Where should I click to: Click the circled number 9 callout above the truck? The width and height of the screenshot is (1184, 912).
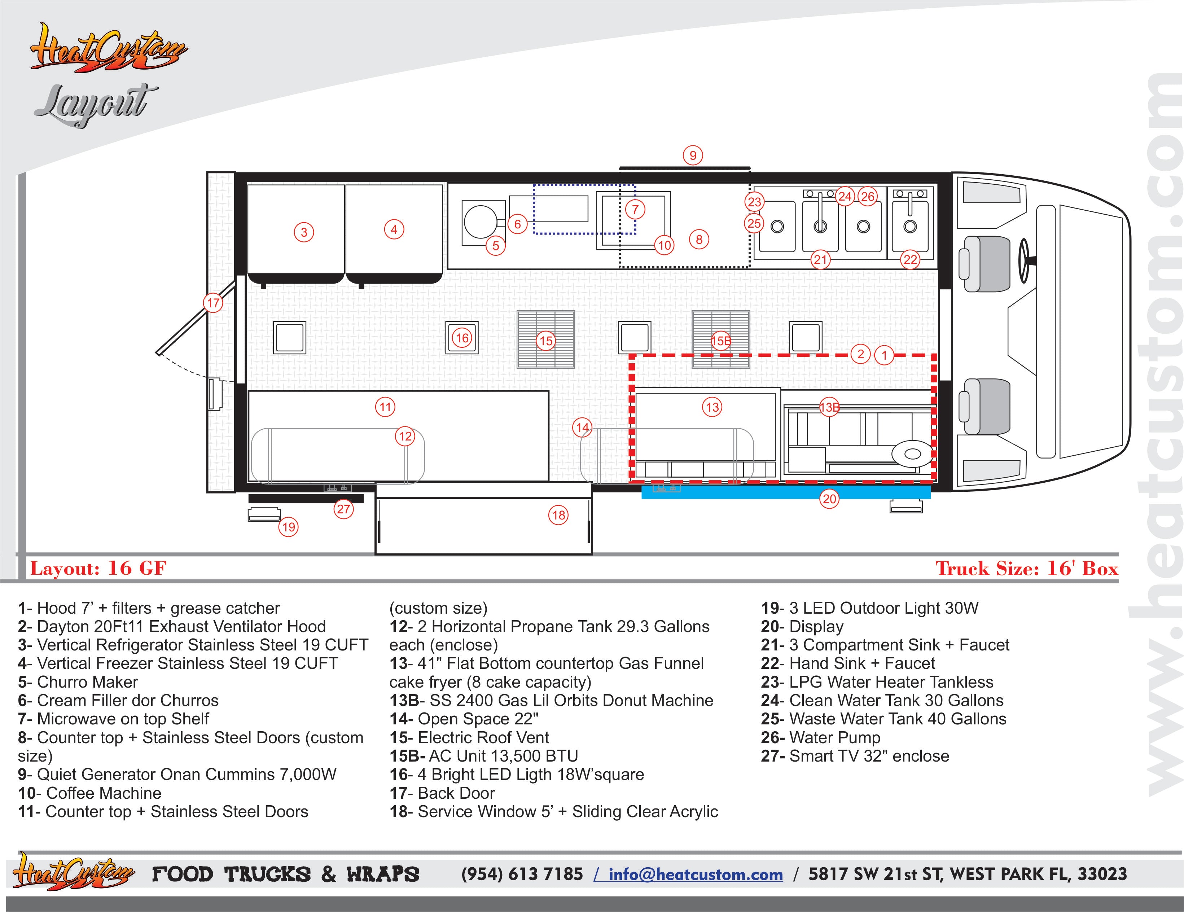[x=693, y=155]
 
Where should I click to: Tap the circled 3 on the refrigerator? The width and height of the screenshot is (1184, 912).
[x=304, y=233]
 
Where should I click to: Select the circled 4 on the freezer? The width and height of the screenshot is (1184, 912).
[x=394, y=229]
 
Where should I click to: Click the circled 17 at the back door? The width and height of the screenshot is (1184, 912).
[x=214, y=303]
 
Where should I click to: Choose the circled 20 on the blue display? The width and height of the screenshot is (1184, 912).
[x=829, y=499]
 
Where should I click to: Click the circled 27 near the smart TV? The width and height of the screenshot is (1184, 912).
[x=344, y=509]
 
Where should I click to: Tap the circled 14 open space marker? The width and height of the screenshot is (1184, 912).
[x=583, y=427]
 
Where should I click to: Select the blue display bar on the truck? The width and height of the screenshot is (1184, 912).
[x=786, y=492]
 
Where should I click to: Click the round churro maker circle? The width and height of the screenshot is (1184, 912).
[x=480, y=222]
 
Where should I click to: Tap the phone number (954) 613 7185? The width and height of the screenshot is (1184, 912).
[x=522, y=874]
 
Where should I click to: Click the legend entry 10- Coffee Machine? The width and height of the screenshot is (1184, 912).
[x=89, y=793]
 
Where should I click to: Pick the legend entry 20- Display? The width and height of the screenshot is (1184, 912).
[x=802, y=627]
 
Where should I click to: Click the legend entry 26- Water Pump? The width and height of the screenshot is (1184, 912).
[x=821, y=738]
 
